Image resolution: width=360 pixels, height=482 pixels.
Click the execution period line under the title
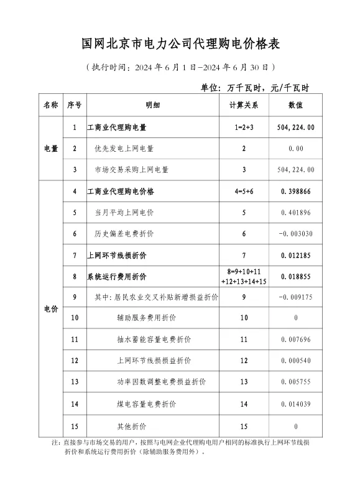coord(180,67)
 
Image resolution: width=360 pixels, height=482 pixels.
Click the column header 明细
coord(153,105)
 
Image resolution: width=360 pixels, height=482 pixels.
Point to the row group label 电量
coord(51,149)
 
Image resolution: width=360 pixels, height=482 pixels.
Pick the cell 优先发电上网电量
coord(124,149)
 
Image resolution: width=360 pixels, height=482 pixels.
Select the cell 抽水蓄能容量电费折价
coord(154,340)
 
